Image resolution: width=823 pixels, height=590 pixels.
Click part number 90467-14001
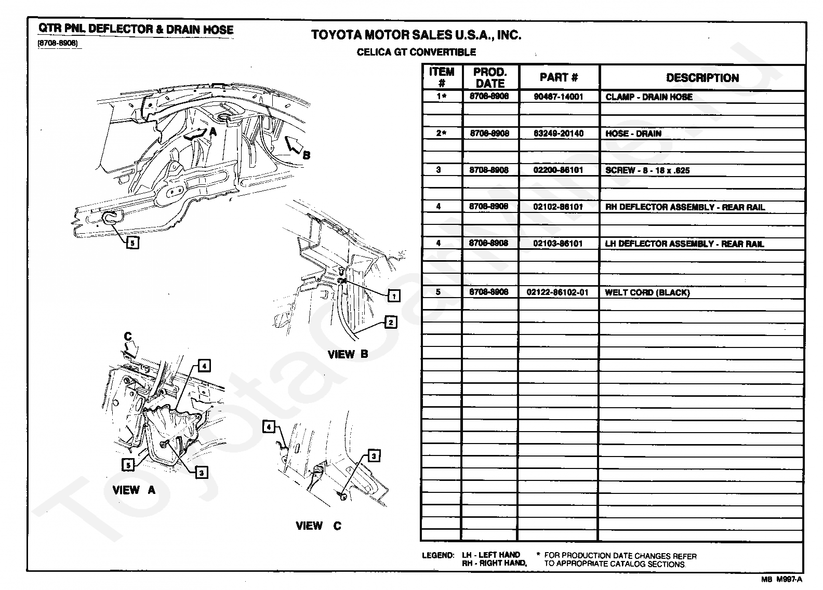point(559,97)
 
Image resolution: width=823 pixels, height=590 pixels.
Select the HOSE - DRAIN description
point(633,133)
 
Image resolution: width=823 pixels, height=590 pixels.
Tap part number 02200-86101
point(558,170)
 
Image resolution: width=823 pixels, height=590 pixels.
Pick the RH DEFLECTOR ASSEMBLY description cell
point(685,207)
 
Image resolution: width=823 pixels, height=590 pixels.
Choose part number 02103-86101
point(558,243)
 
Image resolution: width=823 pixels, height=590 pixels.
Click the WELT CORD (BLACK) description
point(647,292)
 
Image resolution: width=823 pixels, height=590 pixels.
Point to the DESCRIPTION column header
point(702,78)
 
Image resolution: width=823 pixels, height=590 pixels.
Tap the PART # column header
point(559,77)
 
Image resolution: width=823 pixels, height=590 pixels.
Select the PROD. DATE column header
point(490,77)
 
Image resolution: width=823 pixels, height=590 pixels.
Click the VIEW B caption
point(348,354)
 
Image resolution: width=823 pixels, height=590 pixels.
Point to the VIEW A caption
point(134,490)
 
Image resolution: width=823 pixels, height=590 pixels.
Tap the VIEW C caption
point(318,526)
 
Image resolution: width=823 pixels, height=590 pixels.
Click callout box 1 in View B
point(394,296)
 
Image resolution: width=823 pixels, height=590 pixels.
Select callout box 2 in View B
point(391,322)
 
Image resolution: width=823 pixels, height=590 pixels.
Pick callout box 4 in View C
point(269,427)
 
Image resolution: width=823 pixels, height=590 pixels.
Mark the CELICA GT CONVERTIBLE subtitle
point(416,52)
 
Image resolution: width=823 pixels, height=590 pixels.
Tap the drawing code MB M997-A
point(782,579)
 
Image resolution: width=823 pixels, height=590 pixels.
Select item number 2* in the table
point(441,133)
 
